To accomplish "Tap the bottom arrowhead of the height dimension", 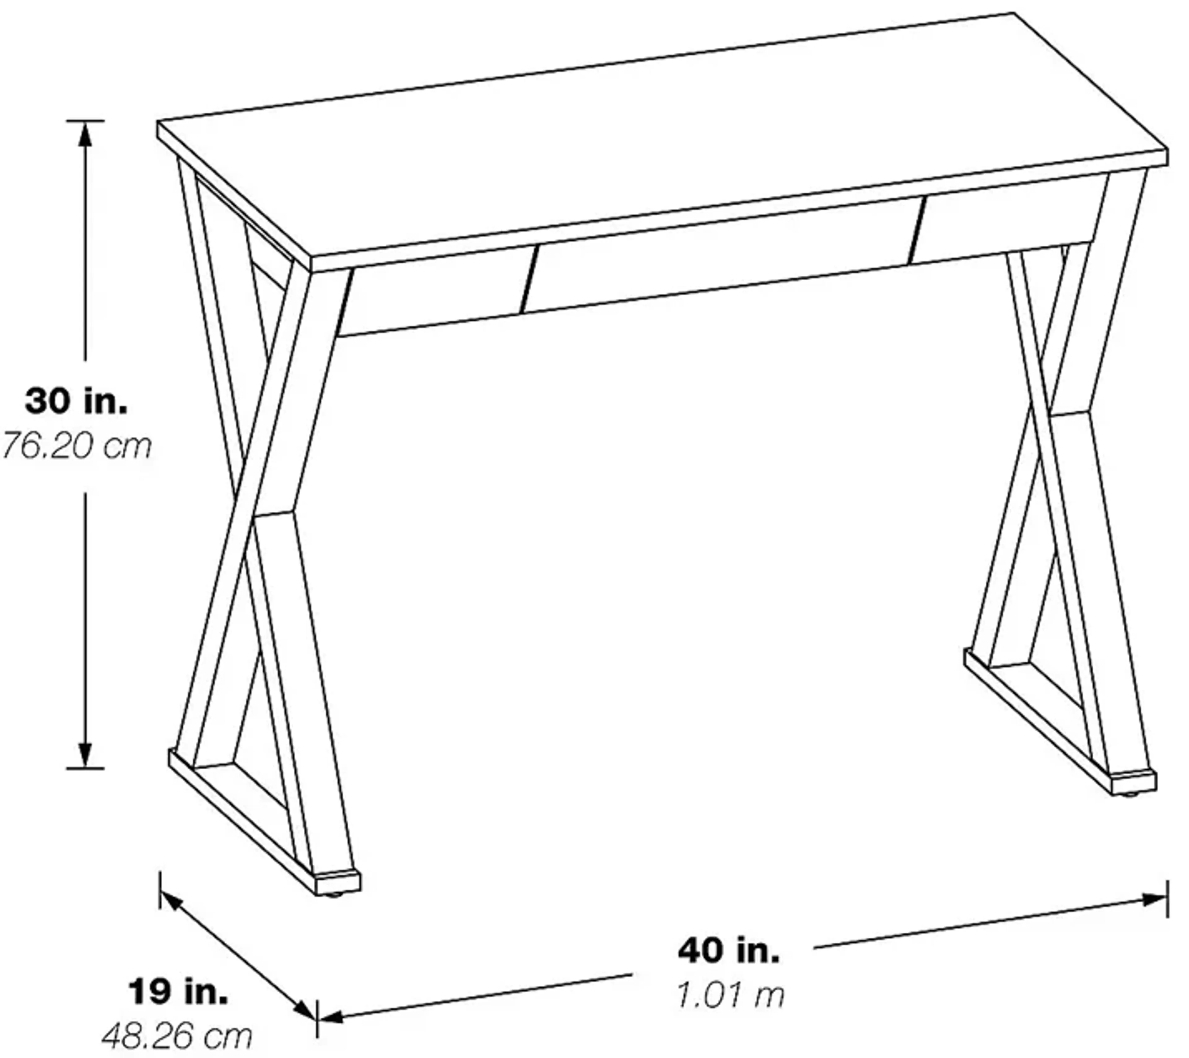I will pyautogui.click(x=85, y=755).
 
